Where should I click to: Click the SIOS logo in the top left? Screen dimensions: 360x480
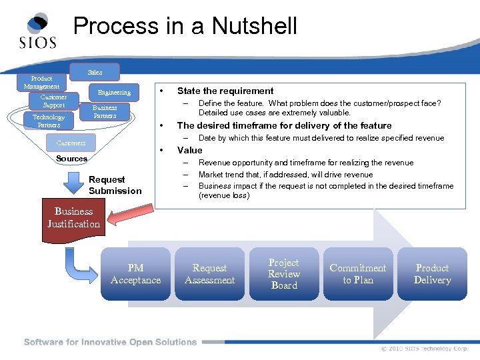tap(37, 32)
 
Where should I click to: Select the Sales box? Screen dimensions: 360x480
tap(95, 71)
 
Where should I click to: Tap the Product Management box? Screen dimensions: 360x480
tap(41, 83)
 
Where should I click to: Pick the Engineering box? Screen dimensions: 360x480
tap(114, 92)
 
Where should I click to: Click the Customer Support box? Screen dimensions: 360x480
tap(53, 101)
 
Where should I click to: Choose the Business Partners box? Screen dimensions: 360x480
tap(104, 111)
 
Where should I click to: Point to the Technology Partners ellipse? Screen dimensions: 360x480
tap(49, 121)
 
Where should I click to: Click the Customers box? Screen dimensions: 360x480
tap(71, 143)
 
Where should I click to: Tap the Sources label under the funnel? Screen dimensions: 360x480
tap(71, 159)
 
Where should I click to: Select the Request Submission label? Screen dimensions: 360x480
tap(115, 185)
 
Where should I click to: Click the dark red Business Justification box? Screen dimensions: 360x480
tap(73, 218)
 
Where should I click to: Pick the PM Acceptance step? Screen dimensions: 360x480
tap(135, 274)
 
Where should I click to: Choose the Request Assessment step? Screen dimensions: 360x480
tap(209, 274)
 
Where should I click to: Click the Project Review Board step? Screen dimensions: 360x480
tap(284, 274)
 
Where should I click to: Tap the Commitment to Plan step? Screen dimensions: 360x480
tap(358, 274)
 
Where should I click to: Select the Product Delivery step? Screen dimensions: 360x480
tap(432, 274)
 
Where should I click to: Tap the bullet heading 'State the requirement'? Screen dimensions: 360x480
tap(225, 91)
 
